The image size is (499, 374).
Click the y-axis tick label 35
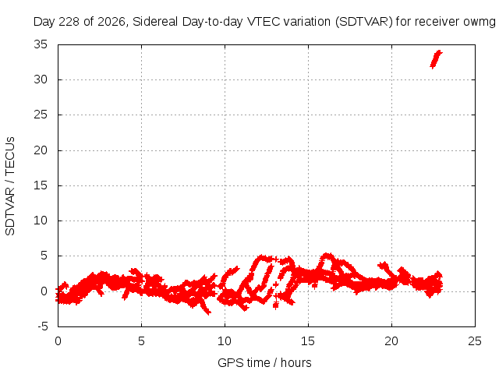pos(41,44)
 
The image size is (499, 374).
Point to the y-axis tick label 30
pos(41,79)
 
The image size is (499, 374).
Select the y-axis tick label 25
pos(41,115)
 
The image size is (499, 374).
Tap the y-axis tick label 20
pos(41,150)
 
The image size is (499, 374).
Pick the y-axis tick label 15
pos(41,185)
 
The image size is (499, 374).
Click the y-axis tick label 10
pos(41,221)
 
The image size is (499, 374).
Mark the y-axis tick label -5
pos(43,326)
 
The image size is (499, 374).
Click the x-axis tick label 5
pos(141,341)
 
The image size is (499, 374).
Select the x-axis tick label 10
pos(225,341)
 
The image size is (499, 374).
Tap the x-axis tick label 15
pos(308,341)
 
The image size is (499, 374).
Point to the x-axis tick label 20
pos(391,341)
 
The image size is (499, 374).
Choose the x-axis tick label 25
pos(475,341)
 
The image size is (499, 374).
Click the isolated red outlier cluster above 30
pos(436,59)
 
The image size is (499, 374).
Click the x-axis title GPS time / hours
pos(264,363)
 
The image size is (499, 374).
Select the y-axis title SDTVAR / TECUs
pos(10,186)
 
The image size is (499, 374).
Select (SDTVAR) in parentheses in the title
pos(364,22)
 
